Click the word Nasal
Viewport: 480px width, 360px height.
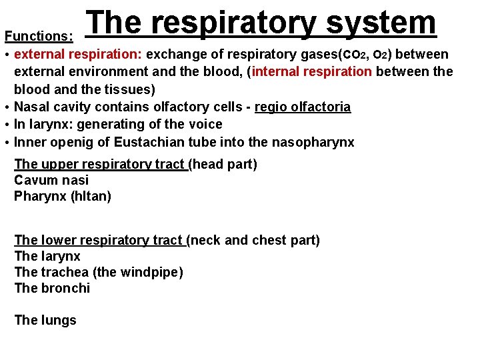[32, 107]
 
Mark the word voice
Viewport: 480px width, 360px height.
[205, 124]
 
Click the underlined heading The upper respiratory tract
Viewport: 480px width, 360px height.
[100, 164]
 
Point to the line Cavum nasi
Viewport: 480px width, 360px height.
[51, 180]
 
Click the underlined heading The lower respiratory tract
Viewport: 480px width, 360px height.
[98, 240]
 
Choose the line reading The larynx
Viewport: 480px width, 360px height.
[47, 256]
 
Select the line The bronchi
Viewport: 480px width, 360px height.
[52, 288]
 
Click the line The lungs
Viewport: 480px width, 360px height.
[45, 320]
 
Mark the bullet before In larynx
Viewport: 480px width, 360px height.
[6, 125]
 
